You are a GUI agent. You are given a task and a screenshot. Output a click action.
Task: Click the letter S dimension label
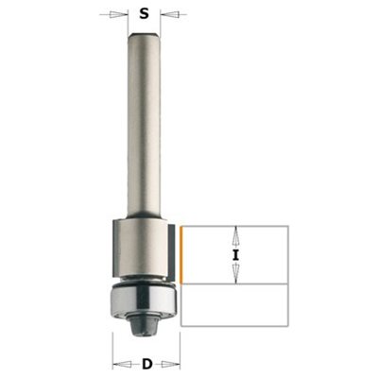144,14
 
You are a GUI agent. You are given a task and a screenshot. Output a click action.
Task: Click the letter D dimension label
147,365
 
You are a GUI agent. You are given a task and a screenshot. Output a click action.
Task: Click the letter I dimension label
235,255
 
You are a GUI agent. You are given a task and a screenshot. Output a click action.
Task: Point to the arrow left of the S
114,14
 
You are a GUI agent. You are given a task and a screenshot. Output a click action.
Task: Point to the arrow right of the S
174,14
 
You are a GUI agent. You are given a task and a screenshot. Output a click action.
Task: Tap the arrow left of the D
123,365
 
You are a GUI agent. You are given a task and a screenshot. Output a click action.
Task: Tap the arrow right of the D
170,365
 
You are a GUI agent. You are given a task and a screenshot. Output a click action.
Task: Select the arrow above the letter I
235,236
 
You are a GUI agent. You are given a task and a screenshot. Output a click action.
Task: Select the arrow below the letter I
235,274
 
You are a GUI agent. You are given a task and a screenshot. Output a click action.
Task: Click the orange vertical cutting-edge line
181,255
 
